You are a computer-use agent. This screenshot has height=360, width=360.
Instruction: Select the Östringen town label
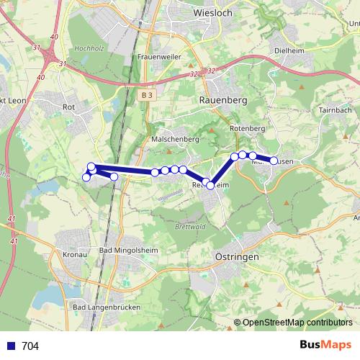(236, 256)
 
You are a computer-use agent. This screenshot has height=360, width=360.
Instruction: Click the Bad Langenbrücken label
(107, 307)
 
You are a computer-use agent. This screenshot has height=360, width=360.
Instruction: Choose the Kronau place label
(75, 255)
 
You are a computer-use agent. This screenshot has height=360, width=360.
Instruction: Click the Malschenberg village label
(169, 138)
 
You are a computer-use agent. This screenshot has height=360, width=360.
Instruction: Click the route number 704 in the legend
(30, 346)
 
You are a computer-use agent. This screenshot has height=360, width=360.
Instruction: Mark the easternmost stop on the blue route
(274, 160)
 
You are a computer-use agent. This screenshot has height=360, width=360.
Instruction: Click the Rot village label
(70, 107)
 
